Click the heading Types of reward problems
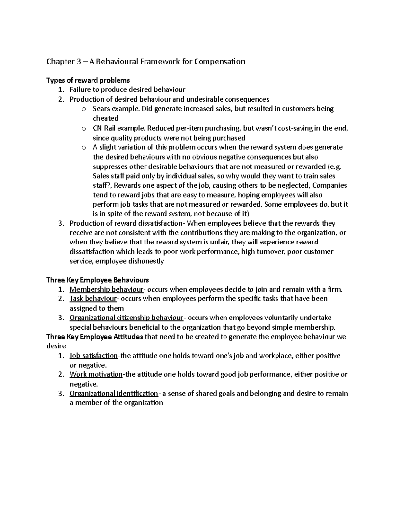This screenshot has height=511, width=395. tap(88, 80)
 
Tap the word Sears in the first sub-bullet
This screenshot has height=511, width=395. tap(101, 109)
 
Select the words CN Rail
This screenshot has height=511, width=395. tap(104, 128)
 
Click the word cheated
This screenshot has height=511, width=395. tap(106, 118)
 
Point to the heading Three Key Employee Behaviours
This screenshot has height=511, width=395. tap(98, 280)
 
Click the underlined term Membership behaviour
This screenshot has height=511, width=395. tap(106, 290)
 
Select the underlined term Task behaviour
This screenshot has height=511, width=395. tap(93, 299)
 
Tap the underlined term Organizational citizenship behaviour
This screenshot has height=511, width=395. tap(126, 318)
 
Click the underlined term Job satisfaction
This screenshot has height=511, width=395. tap(93, 356)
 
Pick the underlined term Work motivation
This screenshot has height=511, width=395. tap(96, 374)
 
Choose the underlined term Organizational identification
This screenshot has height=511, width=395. tap(114, 394)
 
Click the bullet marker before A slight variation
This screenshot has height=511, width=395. tap(84, 147)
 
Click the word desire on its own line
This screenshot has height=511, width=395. tap(56, 346)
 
